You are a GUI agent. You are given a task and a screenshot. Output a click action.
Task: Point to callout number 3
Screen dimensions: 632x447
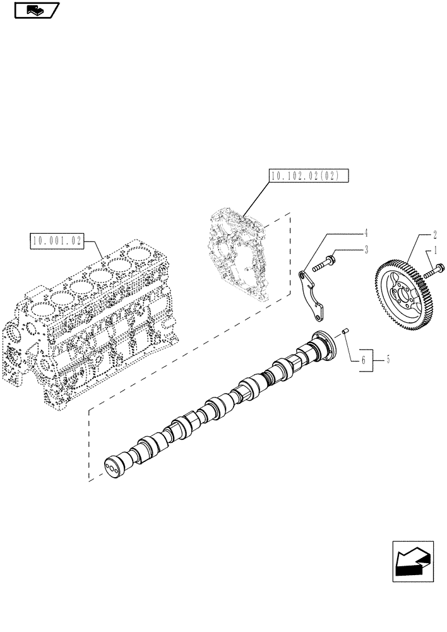coord(366,251)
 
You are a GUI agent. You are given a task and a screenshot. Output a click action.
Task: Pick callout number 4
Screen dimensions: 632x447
coord(366,231)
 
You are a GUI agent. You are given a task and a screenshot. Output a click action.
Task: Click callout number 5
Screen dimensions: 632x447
coord(388,360)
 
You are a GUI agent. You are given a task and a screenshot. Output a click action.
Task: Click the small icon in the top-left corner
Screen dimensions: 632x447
coord(35,10)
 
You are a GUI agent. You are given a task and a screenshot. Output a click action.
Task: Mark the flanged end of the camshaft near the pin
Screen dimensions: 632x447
coord(325,344)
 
